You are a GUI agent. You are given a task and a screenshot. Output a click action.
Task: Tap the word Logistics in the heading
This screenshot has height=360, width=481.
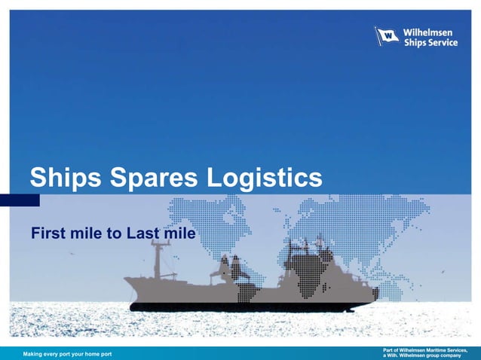pos(265,178)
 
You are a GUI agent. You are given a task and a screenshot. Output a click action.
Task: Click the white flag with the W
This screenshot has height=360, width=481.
pos(387,36)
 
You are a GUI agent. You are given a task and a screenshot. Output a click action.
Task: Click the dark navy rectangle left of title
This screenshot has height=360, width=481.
pos(20,200)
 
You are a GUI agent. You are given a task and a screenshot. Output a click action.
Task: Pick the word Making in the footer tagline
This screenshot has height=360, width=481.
pos(35,354)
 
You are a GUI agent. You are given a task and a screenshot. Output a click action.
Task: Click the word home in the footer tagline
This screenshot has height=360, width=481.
pos(93,354)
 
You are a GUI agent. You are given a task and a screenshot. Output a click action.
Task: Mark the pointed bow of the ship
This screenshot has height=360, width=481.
pos(127,279)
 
